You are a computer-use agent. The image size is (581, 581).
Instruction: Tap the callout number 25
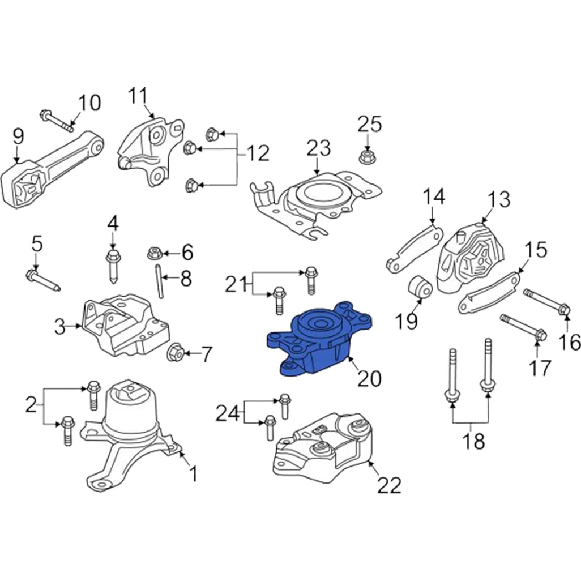[369, 124]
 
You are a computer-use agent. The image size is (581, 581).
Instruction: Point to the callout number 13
[499, 200]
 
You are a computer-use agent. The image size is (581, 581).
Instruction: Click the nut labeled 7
[176, 354]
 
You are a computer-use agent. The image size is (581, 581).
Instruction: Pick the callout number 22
[389, 485]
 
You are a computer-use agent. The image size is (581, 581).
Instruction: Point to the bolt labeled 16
[546, 301]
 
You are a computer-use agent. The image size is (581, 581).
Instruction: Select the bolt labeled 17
[523, 327]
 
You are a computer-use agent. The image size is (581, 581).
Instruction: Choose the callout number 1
[193, 473]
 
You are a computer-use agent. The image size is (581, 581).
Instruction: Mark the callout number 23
[318, 149]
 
